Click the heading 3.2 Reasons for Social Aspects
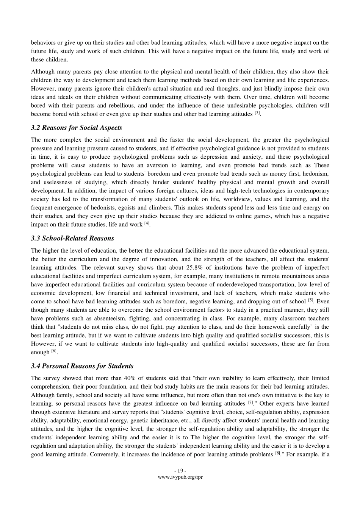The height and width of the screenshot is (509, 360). coord(77,128)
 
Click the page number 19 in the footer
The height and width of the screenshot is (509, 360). coord(180,471)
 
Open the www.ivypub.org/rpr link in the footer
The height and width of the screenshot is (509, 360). coord(180,477)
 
